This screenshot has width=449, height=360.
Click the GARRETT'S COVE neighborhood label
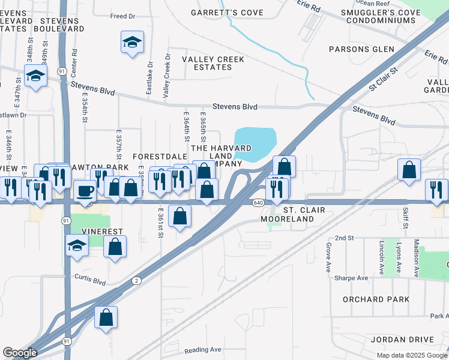click(219, 13)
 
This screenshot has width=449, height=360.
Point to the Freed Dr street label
click(122, 16)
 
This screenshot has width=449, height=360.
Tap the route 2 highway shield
click(137, 281)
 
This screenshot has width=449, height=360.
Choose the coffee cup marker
click(85, 191)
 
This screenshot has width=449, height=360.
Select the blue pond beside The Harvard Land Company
click(255, 144)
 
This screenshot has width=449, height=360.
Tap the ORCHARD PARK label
click(376, 299)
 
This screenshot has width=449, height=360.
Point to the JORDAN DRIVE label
click(402, 340)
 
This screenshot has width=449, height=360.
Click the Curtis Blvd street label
click(91, 280)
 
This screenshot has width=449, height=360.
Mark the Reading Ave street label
click(203, 350)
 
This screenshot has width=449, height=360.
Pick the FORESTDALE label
click(157, 157)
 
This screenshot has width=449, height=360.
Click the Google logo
click(20, 353)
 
